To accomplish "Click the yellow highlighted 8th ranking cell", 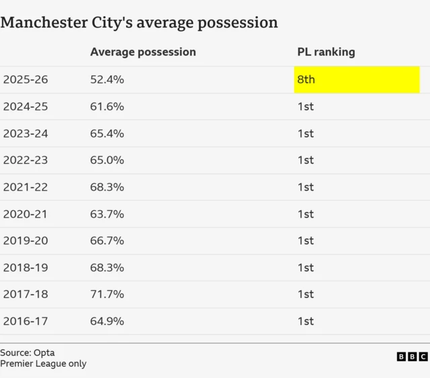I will tap(356, 80).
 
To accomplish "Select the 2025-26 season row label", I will tap(26, 80).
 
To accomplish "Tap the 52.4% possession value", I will tap(107, 80).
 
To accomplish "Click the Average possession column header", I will tap(143, 52).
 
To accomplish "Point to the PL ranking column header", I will tap(326, 52).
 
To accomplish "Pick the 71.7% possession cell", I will tap(107, 294).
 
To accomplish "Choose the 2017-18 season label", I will tap(26, 294).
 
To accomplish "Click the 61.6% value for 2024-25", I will tap(107, 107).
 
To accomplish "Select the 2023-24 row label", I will tap(26, 134).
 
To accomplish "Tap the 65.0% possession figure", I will tap(107, 160).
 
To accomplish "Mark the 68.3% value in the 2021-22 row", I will tap(107, 187).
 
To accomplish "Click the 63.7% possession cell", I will tap(107, 214).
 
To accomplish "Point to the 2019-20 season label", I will tap(26, 240).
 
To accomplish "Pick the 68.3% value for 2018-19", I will tap(107, 267).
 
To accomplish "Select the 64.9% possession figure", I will tap(107, 321).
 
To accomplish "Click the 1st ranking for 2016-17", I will tap(306, 321).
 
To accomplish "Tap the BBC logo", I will tap(412, 357).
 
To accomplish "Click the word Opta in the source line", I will tap(44, 352).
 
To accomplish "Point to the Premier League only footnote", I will tap(43, 364).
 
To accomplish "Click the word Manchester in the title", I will tap(44, 22).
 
